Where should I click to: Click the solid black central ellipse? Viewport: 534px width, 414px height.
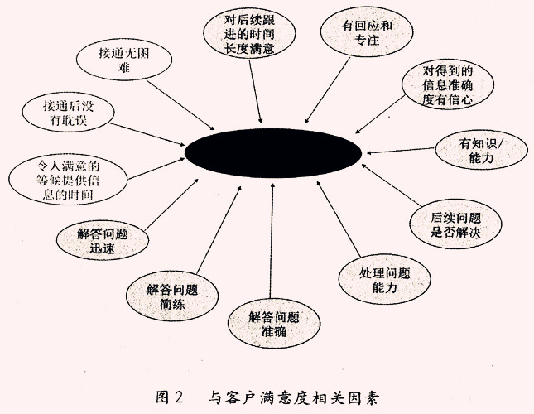[x=272, y=153]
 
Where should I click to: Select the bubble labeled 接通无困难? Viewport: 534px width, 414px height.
[x=124, y=60]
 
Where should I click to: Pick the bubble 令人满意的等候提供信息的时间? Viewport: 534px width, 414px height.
[x=68, y=180]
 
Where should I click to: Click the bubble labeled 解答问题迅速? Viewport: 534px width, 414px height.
[x=103, y=240]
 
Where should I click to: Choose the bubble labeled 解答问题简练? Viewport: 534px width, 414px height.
[x=172, y=296]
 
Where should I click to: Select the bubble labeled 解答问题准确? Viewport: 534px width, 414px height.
[x=274, y=324]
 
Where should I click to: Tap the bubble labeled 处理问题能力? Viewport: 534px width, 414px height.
[x=384, y=280]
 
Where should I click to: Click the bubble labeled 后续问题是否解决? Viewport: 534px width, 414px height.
[x=455, y=224]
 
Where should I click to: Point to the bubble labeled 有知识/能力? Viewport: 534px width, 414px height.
[x=481, y=150]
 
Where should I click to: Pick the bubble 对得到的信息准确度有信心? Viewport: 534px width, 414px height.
[x=448, y=84]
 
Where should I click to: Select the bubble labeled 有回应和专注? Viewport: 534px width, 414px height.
[x=367, y=32]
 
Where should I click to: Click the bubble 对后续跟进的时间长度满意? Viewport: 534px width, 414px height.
[x=249, y=33]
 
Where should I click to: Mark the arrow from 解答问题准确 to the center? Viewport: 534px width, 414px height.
[x=272, y=241]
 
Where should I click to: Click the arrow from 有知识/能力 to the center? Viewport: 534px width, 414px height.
[x=401, y=151]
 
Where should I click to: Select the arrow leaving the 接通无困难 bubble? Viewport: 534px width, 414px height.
[x=180, y=105]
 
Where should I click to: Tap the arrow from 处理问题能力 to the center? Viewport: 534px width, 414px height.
[x=339, y=219]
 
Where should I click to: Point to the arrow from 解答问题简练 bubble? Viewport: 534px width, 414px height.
[x=219, y=230]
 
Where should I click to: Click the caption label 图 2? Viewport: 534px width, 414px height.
[x=170, y=397]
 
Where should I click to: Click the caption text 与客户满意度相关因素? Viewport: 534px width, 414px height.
[x=293, y=397]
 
